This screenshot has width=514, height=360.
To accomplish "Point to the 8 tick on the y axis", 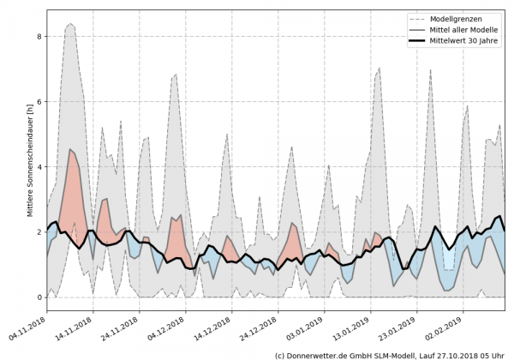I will point(39,37).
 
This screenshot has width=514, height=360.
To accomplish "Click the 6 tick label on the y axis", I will point(39,102).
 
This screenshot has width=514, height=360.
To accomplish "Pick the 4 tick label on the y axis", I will point(39,167).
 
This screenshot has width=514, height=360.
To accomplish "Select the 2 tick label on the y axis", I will point(39,232).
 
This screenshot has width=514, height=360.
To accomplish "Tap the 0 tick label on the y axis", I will point(39,297).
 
